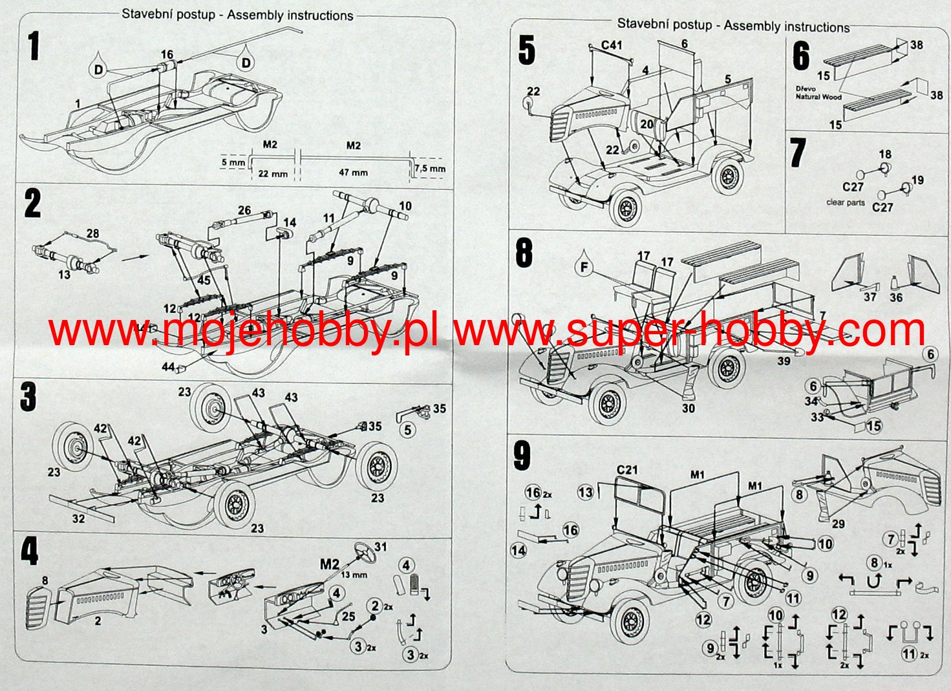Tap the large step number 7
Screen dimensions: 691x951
798,153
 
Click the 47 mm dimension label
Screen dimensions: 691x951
352,173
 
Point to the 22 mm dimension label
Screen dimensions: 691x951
272,173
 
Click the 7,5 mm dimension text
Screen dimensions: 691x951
430,169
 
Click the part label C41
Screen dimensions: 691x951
612,45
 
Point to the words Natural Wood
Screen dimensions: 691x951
818,97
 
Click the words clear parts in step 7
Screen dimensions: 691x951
845,202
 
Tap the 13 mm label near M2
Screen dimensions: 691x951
354,575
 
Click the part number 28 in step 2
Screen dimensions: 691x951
93,234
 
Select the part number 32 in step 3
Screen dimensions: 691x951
78,518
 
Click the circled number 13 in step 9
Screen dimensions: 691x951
586,493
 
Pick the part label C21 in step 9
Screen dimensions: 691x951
628,470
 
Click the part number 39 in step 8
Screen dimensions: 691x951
784,361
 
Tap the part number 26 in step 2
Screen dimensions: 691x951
244,210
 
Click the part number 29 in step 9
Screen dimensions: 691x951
838,524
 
